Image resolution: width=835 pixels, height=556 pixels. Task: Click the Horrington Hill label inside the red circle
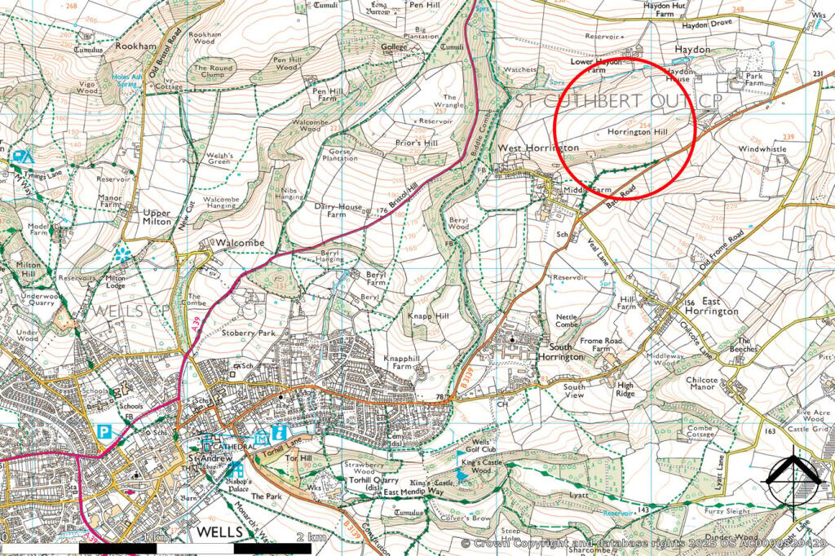tap(632, 131)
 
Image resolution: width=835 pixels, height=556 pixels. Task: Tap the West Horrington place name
tap(538, 148)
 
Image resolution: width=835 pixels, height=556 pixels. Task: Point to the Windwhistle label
tap(762, 150)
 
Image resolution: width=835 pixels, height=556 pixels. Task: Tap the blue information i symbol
tap(280, 432)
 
